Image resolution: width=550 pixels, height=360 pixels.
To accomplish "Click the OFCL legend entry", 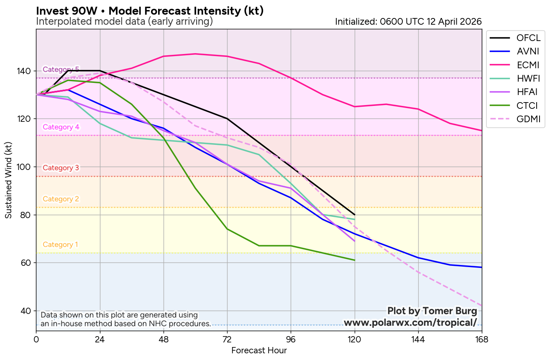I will click(515, 38).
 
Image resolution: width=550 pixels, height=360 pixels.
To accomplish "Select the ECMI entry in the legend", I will click(515, 65).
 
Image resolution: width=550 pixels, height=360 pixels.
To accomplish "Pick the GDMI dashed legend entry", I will click(515, 119).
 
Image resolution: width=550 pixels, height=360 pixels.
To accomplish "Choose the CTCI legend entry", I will click(515, 105).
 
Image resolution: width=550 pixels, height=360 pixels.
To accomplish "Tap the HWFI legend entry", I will click(515, 78).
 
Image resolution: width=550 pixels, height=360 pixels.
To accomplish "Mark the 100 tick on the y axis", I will click(26, 167).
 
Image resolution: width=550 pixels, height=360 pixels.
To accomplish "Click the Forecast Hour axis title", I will click(259, 351).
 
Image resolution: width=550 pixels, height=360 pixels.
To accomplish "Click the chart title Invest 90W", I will click(150, 11).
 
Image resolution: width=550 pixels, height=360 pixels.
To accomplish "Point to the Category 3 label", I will click(61, 168).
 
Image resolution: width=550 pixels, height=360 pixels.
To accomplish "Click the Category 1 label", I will click(60, 244).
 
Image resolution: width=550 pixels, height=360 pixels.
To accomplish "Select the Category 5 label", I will click(61, 69).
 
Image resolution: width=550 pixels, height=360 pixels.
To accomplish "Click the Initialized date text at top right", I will click(408, 21).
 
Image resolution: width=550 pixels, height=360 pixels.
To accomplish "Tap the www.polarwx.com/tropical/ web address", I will click(410, 323).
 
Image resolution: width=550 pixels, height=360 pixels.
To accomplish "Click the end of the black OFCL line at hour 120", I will click(355, 215).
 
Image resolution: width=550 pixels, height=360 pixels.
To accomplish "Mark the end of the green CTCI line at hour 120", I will click(355, 260).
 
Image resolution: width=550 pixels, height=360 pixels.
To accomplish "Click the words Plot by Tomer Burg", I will click(432, 311).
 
